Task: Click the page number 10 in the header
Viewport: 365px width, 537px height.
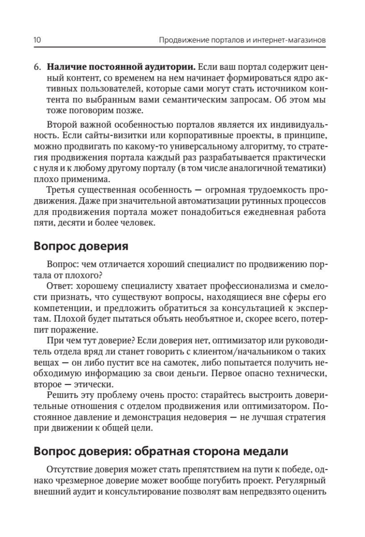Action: [x=38, y=40]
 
